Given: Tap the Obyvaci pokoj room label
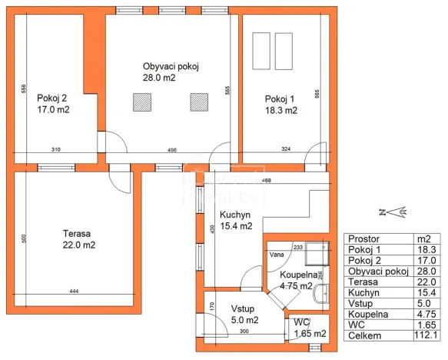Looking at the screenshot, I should (x=171, y=72).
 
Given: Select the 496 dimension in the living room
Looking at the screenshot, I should (x=172, y=150).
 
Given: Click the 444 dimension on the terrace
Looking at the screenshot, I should (x=75, y=292).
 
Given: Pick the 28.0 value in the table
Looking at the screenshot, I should (x=426, y=271).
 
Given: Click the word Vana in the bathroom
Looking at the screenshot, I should (x=275, y=254).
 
